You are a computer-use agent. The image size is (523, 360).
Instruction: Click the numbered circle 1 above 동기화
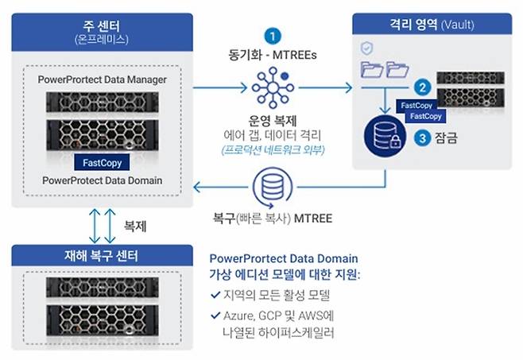point(273,36)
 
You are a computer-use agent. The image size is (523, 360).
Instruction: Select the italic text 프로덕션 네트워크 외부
point(273,149)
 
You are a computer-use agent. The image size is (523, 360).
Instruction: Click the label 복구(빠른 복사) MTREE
point(273,215)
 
